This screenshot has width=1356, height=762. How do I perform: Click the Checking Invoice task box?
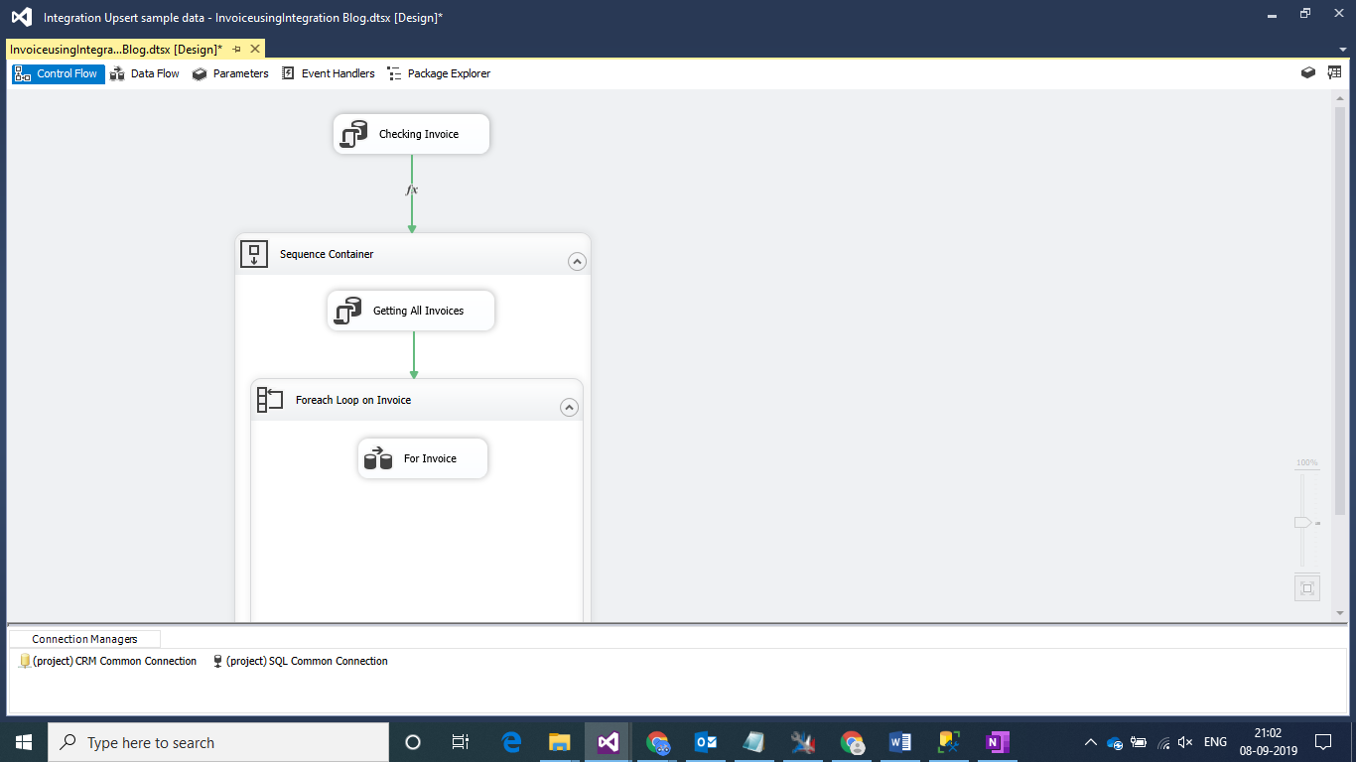tap(411, 134)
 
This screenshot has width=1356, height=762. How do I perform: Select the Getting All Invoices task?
tap(411, 311)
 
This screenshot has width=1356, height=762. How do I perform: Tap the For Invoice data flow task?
tap(423, 458)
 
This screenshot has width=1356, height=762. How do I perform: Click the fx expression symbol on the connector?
tap(412, 190)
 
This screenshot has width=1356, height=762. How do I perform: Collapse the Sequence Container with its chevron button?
tap(577, 262)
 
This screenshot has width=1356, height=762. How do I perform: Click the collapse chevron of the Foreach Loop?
tap(569, 408)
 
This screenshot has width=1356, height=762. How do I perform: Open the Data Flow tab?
tap(145, 73)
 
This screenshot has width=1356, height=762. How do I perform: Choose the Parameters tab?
tap(230, 73)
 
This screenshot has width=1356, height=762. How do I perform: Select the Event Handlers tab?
tap(329, 73)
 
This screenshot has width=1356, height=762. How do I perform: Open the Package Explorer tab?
tap(439, 73)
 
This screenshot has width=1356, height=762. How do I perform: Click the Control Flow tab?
tap(59, 73)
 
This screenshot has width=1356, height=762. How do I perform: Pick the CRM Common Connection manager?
tap(108, 661)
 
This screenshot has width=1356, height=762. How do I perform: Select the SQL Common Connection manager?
tap(300, 661)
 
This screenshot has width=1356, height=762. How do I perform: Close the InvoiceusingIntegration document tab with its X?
tap(255, 49)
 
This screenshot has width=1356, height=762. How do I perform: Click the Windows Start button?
tap(24, 742)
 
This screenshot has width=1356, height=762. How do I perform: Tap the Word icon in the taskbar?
tap(900, 742)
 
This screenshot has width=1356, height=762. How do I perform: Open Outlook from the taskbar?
tap(706, 742)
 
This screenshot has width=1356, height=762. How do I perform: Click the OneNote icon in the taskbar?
tap(997, 742)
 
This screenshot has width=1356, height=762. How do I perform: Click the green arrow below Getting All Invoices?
tap(414, 355)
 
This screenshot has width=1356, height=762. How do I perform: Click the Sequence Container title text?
tap(327, 254)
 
